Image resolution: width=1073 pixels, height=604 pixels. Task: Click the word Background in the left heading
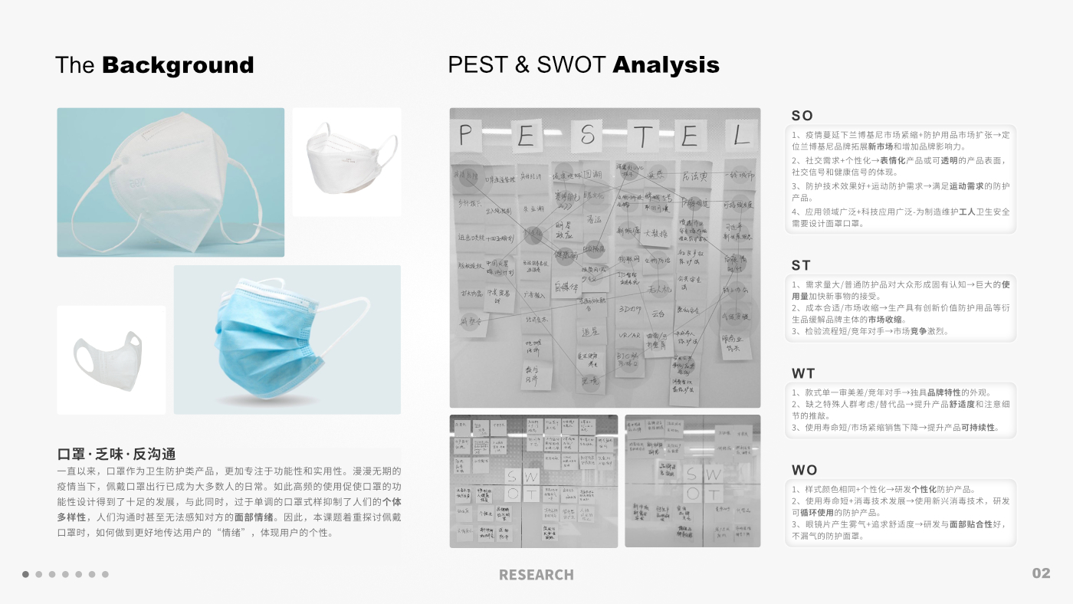click(177, 66)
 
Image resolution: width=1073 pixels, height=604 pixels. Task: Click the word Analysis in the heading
click(666, 66)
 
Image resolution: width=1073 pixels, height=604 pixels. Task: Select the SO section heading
click(802, 116)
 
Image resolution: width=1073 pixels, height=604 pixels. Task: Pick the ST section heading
click(801, 265)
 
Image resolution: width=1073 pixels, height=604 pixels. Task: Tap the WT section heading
click(802, 373)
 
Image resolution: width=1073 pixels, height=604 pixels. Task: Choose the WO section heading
click(804, 470)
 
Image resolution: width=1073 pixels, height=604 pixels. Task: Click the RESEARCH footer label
click(536, 575)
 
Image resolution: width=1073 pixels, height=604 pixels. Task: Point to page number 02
click(1041, 573)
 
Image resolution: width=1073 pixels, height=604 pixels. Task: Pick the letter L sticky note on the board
click(740, 136)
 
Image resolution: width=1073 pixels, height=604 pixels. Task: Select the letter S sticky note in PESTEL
click(586, 136)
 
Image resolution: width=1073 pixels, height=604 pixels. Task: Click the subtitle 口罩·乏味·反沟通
click(116, 455)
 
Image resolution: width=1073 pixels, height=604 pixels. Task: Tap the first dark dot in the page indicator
click(25, 574)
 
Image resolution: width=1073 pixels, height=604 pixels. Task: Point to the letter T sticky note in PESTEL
click(642, 137)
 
